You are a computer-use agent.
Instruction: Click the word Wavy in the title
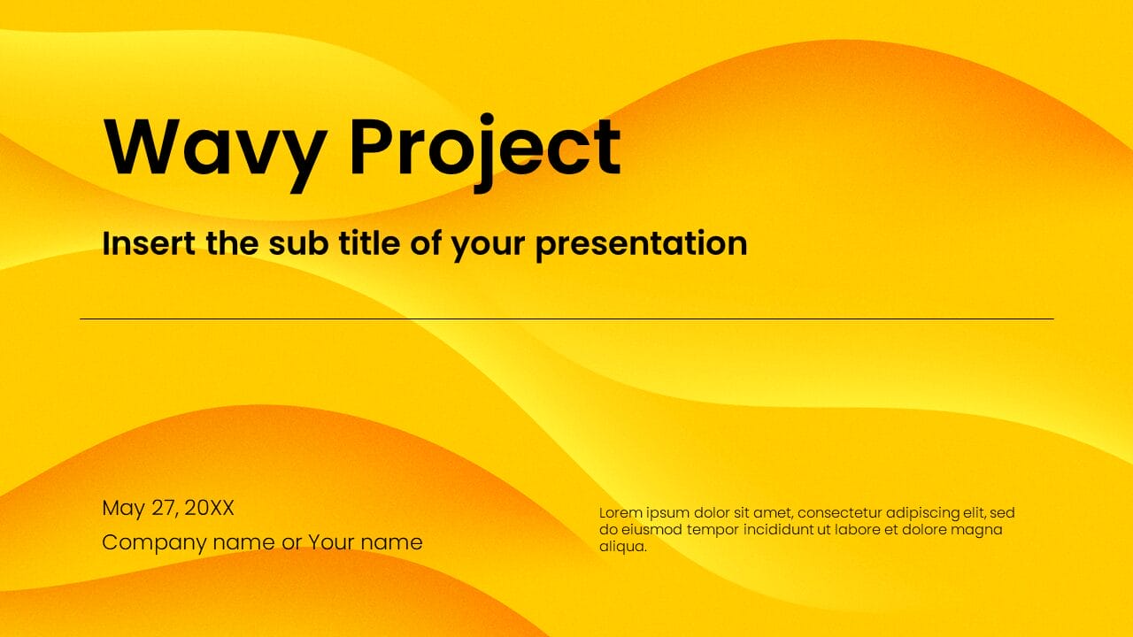click(213, 148)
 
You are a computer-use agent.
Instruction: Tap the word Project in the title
click(484, 148)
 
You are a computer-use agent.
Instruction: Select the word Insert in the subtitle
click(146, 242)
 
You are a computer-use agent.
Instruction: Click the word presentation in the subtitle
click(642, 243)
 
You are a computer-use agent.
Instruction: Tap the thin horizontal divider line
click(566, 318)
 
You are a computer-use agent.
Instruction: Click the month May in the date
click(123, 509)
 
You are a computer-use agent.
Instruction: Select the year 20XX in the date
click(210, 508)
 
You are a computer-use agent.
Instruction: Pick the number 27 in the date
click(165, 508)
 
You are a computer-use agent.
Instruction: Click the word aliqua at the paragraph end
click(622, 547)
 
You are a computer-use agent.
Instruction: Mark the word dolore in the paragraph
click(924, 529)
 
